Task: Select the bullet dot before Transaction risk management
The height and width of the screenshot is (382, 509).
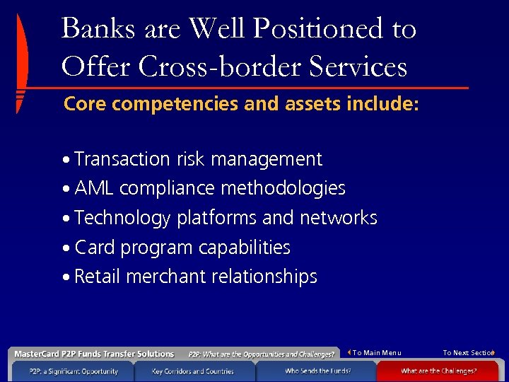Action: tap(66, 161)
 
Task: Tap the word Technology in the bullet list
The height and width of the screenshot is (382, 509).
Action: tap(122, 218)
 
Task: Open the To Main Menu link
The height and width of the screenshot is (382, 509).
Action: tap(375, 353)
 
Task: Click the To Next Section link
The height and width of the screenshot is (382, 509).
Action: tap(468, 353)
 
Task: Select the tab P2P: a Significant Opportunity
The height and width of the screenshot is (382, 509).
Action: tap(74, 371)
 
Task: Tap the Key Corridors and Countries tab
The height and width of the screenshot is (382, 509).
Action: tap(194, 371)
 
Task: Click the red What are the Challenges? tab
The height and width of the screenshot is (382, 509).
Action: tap(439, 371)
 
